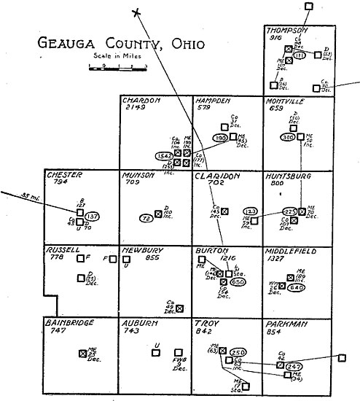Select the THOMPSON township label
tap(287, 30)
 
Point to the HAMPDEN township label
tap(213, 100)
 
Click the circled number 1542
tap(164, 156)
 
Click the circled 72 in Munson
tap(146, 218)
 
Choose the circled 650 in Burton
tap(237, 281)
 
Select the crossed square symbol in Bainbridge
tap(82, 353)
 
